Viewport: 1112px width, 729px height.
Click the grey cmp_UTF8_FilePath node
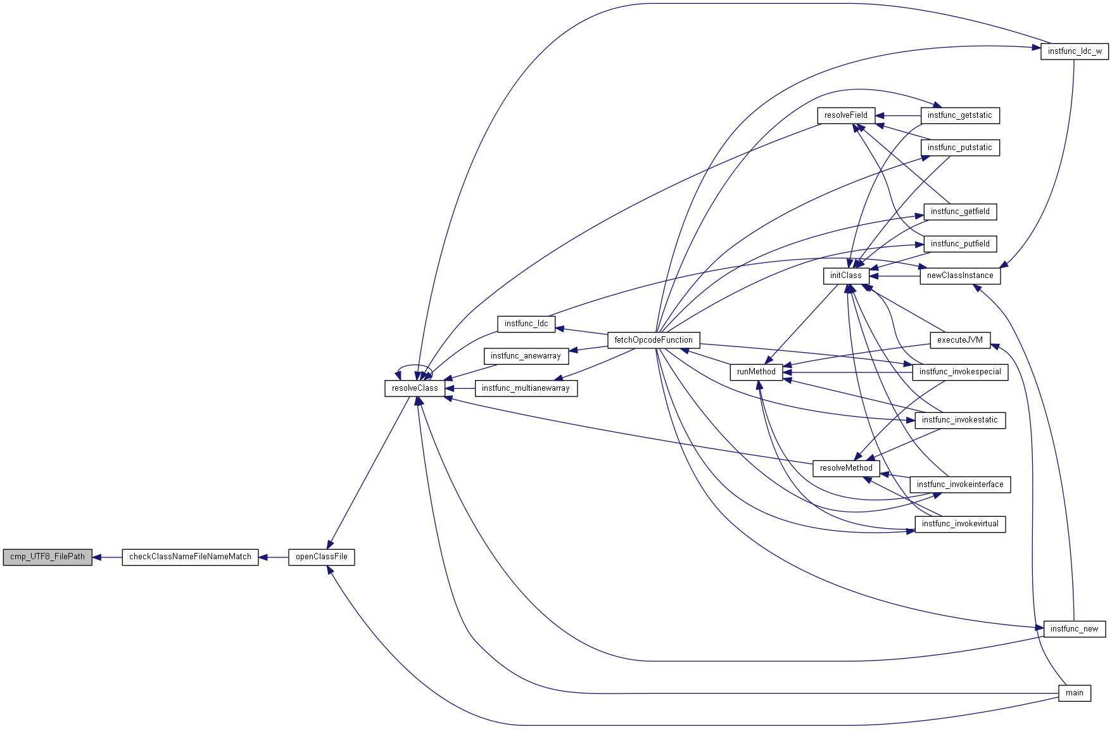click(47, 557)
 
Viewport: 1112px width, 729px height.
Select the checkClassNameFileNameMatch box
click(190, 557)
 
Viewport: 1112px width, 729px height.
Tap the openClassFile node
click(322, 557)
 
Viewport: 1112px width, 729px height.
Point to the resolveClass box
click(415, 389)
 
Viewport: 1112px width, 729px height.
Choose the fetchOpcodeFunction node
click(654, 341)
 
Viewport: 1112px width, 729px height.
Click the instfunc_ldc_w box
click(1075, 52)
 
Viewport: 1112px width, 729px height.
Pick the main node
click(1075, 693)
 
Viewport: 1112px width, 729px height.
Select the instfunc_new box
click(1075, 629)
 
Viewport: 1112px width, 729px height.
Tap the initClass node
click(846, 276)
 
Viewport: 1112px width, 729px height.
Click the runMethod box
click(756, 372)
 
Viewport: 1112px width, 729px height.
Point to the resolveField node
click(846, 116)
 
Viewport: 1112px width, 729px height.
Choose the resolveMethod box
click(846, 469)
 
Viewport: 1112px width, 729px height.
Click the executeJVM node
click(960, 341)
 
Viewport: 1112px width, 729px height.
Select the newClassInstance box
click(960, 276)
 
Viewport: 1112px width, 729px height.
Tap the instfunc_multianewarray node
click(526, 389)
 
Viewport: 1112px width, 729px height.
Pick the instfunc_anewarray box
click(526, 357)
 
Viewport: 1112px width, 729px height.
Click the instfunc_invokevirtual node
click(960, 524)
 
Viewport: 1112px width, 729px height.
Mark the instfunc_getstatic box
click(960, 116)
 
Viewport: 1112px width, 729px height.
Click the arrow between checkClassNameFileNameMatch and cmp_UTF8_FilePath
click(107, 557)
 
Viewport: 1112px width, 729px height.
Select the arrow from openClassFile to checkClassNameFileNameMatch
click(274, 557)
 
